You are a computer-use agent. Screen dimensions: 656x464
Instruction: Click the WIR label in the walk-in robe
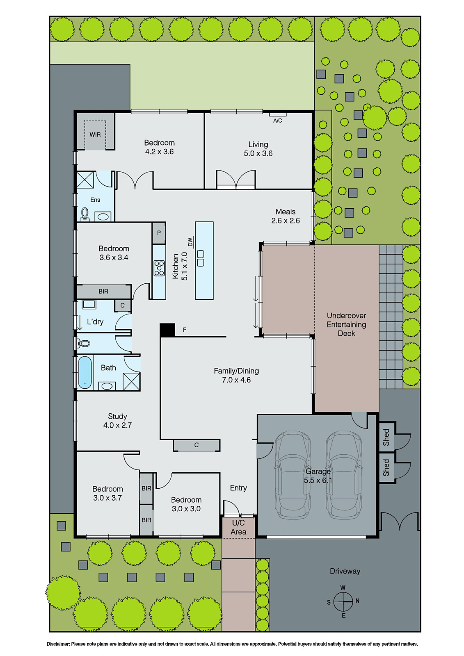95,134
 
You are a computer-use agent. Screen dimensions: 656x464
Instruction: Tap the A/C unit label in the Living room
278,121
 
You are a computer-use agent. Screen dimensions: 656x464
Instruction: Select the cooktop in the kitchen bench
159,268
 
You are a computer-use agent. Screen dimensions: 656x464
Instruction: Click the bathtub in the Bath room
85,372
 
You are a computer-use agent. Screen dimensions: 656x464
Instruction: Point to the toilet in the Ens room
85,214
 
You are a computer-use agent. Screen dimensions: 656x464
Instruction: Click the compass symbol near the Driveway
343,601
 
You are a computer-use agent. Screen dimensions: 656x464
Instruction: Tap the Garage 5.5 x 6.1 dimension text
318,480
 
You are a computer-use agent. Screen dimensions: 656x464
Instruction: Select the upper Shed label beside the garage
386,437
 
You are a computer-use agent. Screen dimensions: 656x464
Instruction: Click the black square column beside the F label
167,330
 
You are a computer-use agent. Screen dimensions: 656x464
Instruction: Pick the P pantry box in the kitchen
159,233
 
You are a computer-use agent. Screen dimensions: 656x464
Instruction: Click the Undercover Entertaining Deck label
346,324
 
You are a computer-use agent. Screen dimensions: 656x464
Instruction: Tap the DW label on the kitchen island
190,242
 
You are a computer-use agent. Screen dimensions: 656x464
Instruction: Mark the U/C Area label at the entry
238,527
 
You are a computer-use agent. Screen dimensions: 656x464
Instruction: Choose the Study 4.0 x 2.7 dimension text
117,425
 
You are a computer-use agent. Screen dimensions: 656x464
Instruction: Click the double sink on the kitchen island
201,258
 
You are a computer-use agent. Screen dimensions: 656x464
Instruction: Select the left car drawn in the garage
293,474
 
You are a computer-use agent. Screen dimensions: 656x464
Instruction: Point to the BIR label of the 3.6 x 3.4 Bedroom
103,292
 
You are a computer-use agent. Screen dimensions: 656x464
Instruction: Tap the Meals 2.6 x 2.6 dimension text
286,221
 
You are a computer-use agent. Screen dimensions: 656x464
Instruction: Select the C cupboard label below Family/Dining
197,445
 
